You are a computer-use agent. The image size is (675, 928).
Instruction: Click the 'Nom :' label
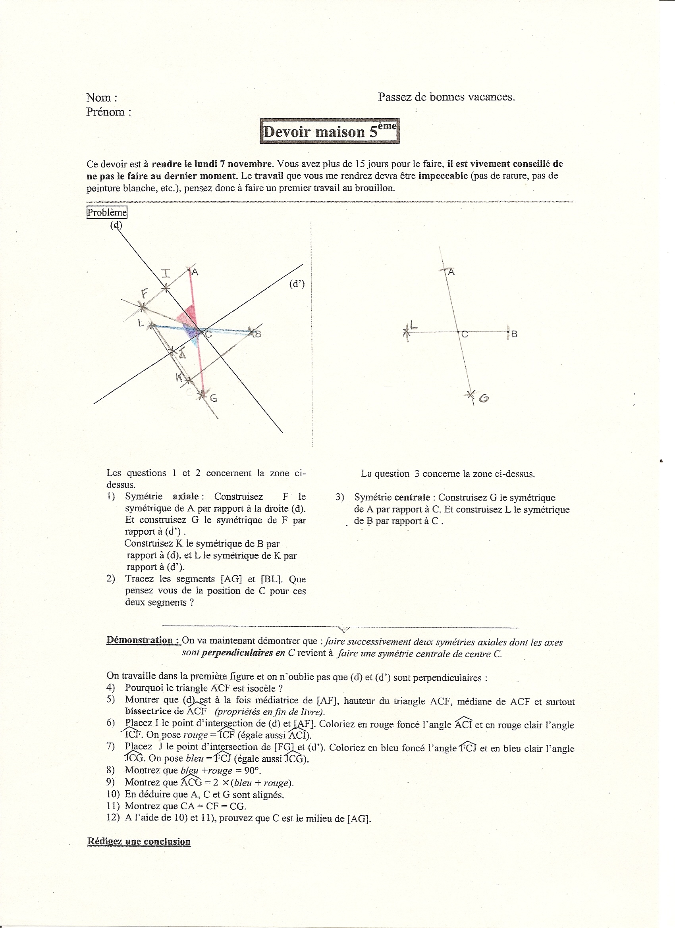tap(102, 97)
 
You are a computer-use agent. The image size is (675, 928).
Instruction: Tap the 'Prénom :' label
tap(108, 112)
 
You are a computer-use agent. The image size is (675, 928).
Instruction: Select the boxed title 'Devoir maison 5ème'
tap(330, 131)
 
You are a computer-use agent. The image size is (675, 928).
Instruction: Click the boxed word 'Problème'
tap(107, 212)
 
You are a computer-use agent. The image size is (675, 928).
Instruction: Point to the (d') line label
tap(297, 283)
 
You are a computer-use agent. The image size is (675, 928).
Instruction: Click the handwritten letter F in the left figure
tap(145, 293)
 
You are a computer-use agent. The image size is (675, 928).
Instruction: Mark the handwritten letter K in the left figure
tap(180, 377)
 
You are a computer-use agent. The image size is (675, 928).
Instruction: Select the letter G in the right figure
tap(484, 398)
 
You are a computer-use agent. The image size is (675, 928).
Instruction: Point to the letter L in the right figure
tap(413, 326)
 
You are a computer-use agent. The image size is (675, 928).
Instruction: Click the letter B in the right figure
tap(514, 334)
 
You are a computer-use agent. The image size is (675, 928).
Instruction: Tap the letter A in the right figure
tap(451, 271)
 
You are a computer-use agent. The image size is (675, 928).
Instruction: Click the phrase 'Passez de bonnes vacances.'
tap(446, 97)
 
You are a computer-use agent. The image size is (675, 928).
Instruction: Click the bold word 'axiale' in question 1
tap(185, 496)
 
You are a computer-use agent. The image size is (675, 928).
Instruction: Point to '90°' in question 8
tap(252, 770)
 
